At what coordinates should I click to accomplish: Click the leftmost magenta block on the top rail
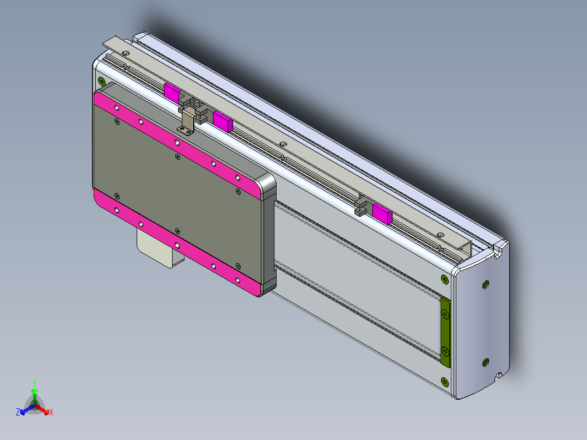tap(172, 93)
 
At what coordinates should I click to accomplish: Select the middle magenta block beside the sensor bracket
tap(222, 121)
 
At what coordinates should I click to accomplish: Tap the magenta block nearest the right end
tap(382, 213)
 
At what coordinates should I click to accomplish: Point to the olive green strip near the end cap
tap(445, 333)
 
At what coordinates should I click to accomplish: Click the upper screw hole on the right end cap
tap(486, 284)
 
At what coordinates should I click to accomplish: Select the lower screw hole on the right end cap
tap(486, 362)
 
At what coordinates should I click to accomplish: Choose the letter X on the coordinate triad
tap(51, 413)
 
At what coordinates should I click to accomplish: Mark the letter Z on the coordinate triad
tap(18, 413)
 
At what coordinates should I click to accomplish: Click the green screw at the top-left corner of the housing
tap(101, 82)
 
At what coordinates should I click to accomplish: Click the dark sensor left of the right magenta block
tap(360, 207)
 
